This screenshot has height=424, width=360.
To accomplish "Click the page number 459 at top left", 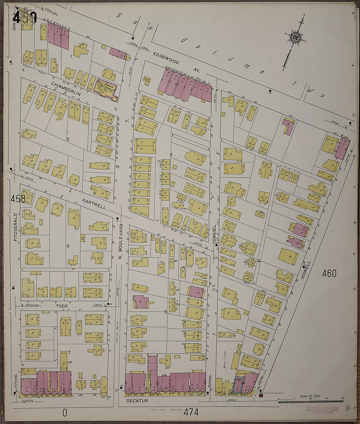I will coord(25,18).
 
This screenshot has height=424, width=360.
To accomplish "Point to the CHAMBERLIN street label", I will coord(66,89).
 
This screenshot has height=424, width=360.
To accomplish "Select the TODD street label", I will coord(62,306).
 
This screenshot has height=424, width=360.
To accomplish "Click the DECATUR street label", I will coord(137,400).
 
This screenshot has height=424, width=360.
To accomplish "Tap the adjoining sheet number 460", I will coord(329,273).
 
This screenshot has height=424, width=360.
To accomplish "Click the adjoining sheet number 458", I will coord(18,198).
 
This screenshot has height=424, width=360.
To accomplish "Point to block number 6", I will coord(68,246).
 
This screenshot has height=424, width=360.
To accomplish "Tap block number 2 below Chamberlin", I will coord(68,140).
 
